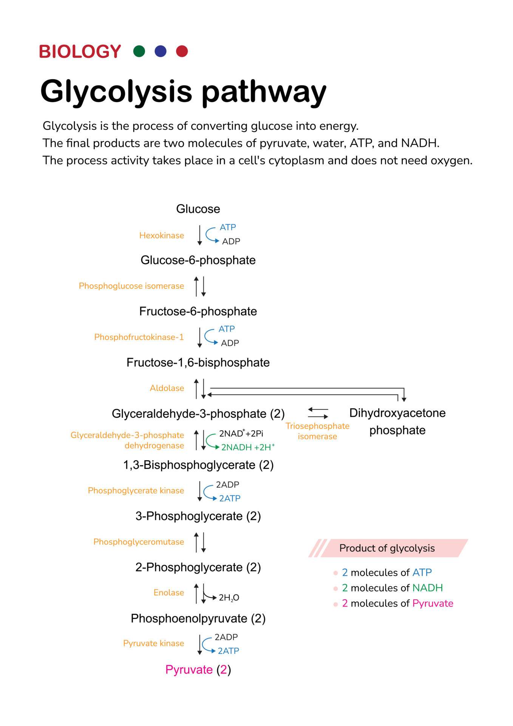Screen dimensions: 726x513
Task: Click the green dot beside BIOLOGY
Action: [x=139, y=51]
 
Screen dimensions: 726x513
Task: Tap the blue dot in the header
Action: [x=161, y=51]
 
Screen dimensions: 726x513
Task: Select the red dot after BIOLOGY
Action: [x=182, y=51]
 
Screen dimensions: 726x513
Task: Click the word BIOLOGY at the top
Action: [x=80, y=52]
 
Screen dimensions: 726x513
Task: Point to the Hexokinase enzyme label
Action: [x=161, y=236]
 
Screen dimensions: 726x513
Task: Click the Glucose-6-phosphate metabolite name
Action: [x=198, y=260]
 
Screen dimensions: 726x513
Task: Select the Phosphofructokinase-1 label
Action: [x=139, y=337]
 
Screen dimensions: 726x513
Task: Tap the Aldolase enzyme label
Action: [x=167, y=388]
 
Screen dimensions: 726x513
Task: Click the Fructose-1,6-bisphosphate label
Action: [x=198, y=363]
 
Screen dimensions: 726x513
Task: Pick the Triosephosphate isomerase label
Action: [x=317, y=431]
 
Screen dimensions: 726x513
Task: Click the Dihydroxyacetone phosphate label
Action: [x=397, y=421]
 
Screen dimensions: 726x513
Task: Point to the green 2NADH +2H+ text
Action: [x=247, y=447]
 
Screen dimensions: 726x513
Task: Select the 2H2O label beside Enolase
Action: [x=229, y=597]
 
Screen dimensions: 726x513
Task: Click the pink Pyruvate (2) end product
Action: [x=198, y=670]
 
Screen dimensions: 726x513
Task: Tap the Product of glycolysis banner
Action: [x=387, y=548]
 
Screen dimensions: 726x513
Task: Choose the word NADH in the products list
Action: [x=427, y=588]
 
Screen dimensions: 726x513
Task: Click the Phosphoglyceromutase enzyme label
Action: [x=139, y=542]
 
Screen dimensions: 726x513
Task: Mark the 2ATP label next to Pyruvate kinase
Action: [x=228, y=651]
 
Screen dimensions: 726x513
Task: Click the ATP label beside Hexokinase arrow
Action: [x=228, y=227]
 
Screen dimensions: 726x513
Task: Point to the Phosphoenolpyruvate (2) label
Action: [x=198, y=619]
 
